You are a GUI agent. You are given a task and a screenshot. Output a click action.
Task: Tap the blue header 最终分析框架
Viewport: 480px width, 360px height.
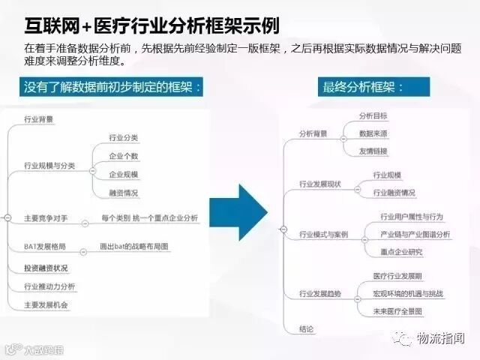(363, 87)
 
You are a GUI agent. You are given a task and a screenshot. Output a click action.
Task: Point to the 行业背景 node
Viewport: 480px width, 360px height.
(38, 119)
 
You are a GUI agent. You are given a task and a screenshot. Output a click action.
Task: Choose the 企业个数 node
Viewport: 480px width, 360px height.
(124, 156)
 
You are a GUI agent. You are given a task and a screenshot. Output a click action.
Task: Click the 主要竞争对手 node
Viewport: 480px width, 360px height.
(46, 217)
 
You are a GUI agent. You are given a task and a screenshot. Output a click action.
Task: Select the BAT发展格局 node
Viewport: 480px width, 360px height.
(44, 246)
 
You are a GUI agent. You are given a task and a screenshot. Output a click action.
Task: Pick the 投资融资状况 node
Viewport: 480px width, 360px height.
(46, 267)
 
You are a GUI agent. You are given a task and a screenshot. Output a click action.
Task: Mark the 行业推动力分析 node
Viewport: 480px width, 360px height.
(49, 286)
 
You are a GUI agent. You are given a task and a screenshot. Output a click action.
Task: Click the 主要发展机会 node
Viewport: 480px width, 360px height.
(46, 304)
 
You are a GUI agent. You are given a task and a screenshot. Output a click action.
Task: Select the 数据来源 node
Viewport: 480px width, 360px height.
(373, 133)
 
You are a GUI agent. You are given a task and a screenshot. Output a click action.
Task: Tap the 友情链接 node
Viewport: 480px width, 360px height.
(373, 151)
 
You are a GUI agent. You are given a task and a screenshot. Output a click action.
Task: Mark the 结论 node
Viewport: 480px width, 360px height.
(306, 328)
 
